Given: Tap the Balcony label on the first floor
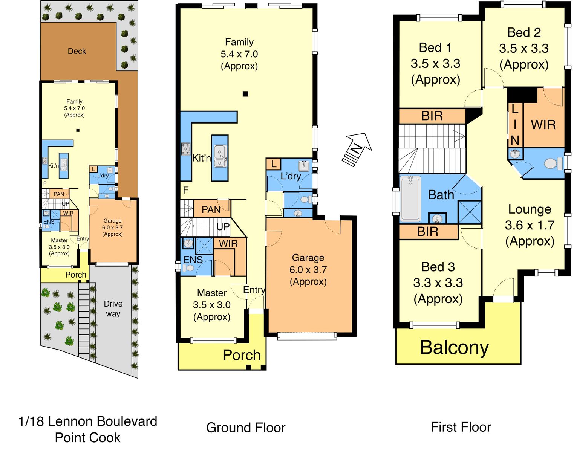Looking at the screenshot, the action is tap(454, 347).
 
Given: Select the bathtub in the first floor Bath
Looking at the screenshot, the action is tap(410, 198).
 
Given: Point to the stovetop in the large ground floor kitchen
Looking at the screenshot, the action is tap(186, 149).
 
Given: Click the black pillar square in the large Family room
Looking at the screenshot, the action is tap(245, 93).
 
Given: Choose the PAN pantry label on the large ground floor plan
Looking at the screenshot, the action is tap(211, 209).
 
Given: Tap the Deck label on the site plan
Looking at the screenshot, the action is tap(77, 51).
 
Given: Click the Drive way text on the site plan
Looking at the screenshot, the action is tap(113, 308).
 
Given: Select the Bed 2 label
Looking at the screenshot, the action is tap(524, 32).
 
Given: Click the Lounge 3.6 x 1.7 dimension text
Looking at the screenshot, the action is tap(530, 225).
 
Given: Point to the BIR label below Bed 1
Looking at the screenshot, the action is tap(432, 116).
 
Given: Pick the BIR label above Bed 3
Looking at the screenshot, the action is tap(427, 232).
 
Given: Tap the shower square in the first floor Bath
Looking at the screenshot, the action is tap(470, 212).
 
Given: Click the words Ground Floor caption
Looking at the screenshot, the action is tap(246, 428).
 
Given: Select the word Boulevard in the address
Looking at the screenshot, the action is tap(127, 421).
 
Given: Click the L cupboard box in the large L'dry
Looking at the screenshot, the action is tap(273, 164).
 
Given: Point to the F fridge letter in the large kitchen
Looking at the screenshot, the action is tap(186, 190).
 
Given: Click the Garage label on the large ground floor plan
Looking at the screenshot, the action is tap(308, 258).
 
